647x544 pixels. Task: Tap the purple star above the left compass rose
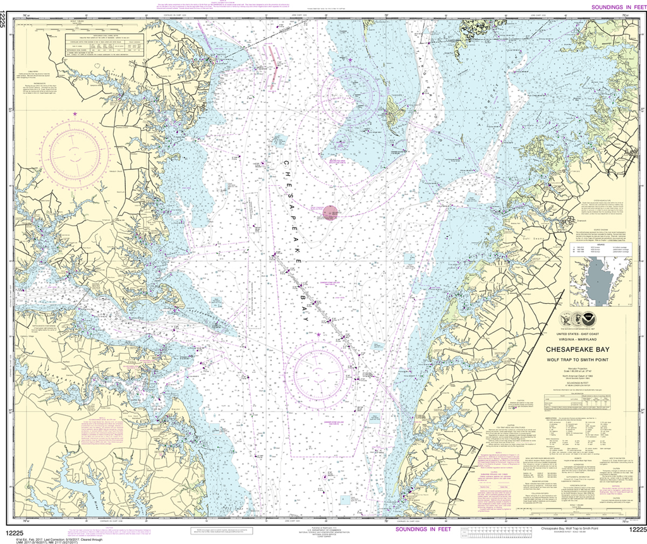[75, 114]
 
